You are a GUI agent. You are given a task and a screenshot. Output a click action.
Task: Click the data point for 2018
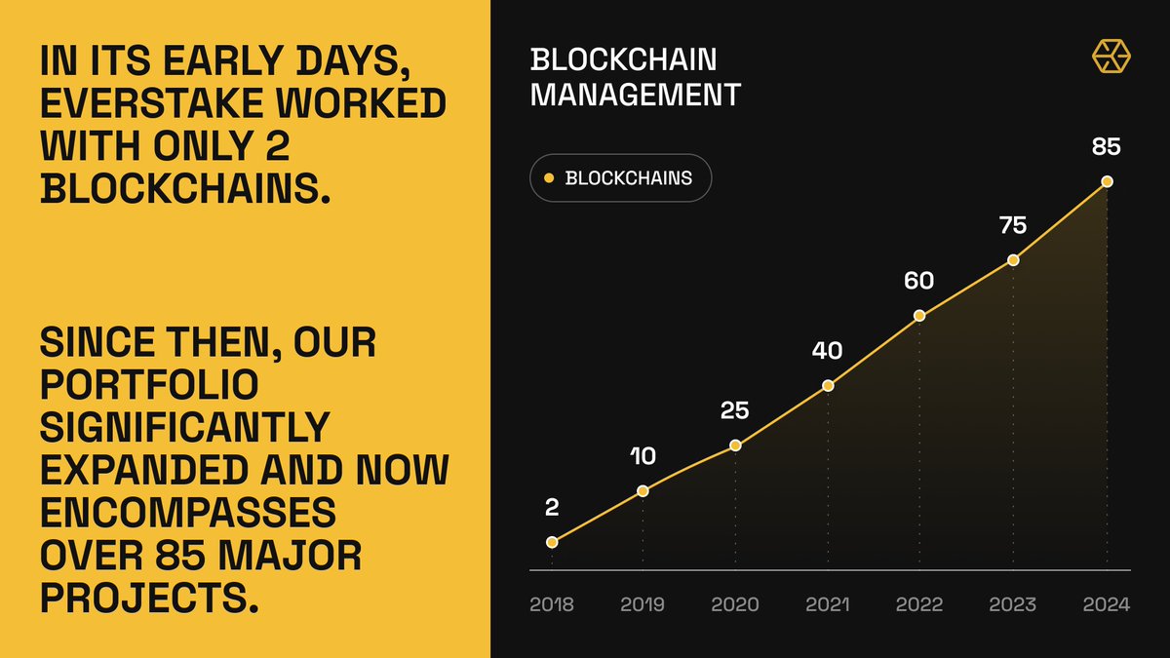pyautogui.click(x=552, y=542)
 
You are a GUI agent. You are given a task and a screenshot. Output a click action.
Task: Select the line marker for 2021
pyautogui.click(x=828, y=385)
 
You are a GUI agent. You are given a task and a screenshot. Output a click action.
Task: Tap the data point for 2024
pyautogui.click(x=1107, y=181)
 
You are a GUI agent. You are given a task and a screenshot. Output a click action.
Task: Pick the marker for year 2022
pyautogui.click(x=919, y=316)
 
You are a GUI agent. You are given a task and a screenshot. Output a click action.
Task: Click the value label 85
pyautogui.click(x=1107, y=148)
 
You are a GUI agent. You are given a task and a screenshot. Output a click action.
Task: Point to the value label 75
pyautogui.click(x=1013, y=225)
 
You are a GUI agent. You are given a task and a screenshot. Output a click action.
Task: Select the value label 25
pyautogui.click(x=734, y=411)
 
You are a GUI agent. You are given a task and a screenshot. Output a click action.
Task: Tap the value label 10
pyautogui.click(x=643, y=456)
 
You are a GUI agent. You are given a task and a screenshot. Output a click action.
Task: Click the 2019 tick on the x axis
pyautogui.click(x=643, y=605)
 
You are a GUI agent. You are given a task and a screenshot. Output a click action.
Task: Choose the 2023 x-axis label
pyautogui.click(x=1013, y=605)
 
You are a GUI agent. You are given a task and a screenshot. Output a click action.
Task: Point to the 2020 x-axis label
pyautogui.click(x=734, y=605)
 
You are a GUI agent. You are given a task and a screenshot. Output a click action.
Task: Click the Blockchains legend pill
pyautogui.click(x=620, y=178)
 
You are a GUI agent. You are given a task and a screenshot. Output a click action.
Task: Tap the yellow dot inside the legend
pyautogui.click(x=548, y=178)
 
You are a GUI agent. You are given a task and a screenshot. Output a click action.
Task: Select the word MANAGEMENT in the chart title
pyautogui.click(x=636, y=95)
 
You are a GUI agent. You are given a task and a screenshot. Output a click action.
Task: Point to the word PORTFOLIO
pyautogui.click(x=149, y=385)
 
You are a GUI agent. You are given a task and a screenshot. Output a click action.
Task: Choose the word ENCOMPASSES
pyautogui.click(x=187, y=513)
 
